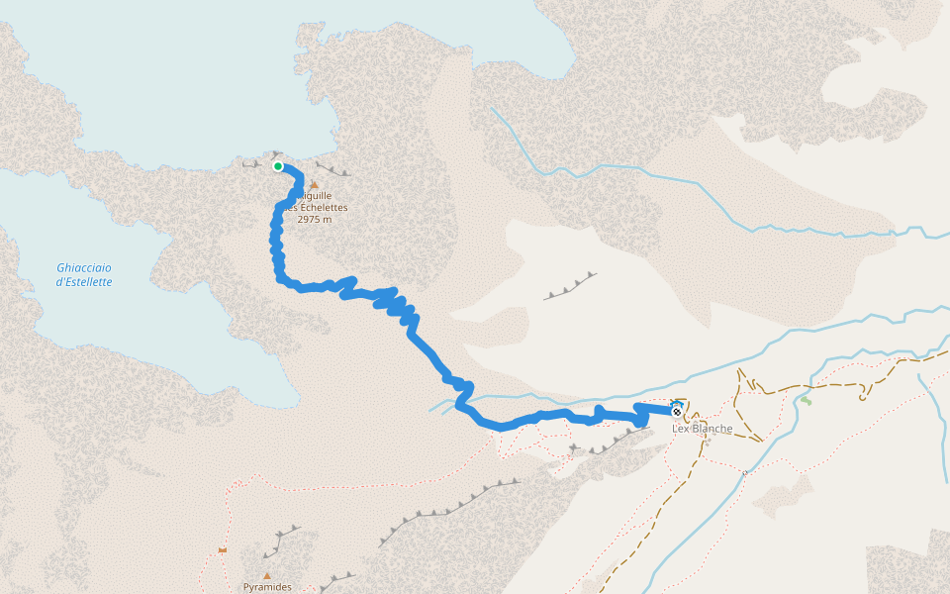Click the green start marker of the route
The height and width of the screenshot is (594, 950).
coord(278,166)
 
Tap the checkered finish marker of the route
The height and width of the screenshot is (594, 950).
coord(676,412)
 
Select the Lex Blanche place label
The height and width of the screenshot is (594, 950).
coord(702,429)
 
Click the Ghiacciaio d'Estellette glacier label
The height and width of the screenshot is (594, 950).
coord(84,274)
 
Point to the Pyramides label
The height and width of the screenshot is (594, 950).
coord(267,587)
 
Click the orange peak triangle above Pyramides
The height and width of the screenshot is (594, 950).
coord(266,575)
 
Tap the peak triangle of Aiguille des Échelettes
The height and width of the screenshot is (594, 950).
coord(314,184)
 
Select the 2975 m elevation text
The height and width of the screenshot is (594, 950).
coord(314,219)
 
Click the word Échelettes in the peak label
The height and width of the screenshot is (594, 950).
coord(322,207)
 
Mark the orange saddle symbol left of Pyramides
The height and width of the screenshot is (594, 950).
coord(223,549)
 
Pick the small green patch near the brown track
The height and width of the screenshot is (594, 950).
coord(807,400)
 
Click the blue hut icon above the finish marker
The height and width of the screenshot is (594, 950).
coord(677,403)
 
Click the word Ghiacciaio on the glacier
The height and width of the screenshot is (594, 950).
coord(84,267)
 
